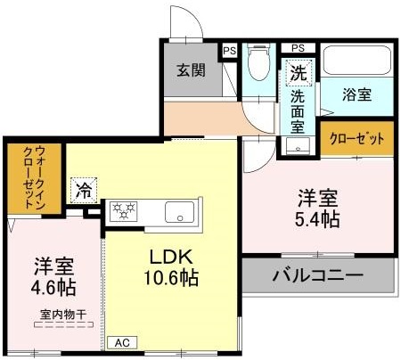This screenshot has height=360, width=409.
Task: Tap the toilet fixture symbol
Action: pyautogui.click(x=259, y=61)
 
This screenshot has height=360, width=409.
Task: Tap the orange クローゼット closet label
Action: pyautogui.click(x=356, y=139)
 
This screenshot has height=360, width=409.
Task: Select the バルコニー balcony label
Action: pyautogui.click(x=317, y=275)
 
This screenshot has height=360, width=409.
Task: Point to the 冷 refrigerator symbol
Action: pyautogui.click(x=83, y=190)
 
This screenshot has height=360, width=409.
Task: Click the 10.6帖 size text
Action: pyautogui.click(x=166, y=278)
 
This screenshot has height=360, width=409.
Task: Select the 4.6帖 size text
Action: pyautogui.click(x=53, y=288)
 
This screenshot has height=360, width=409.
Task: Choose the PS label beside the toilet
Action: pyautogui.click(x=229, y=51)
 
